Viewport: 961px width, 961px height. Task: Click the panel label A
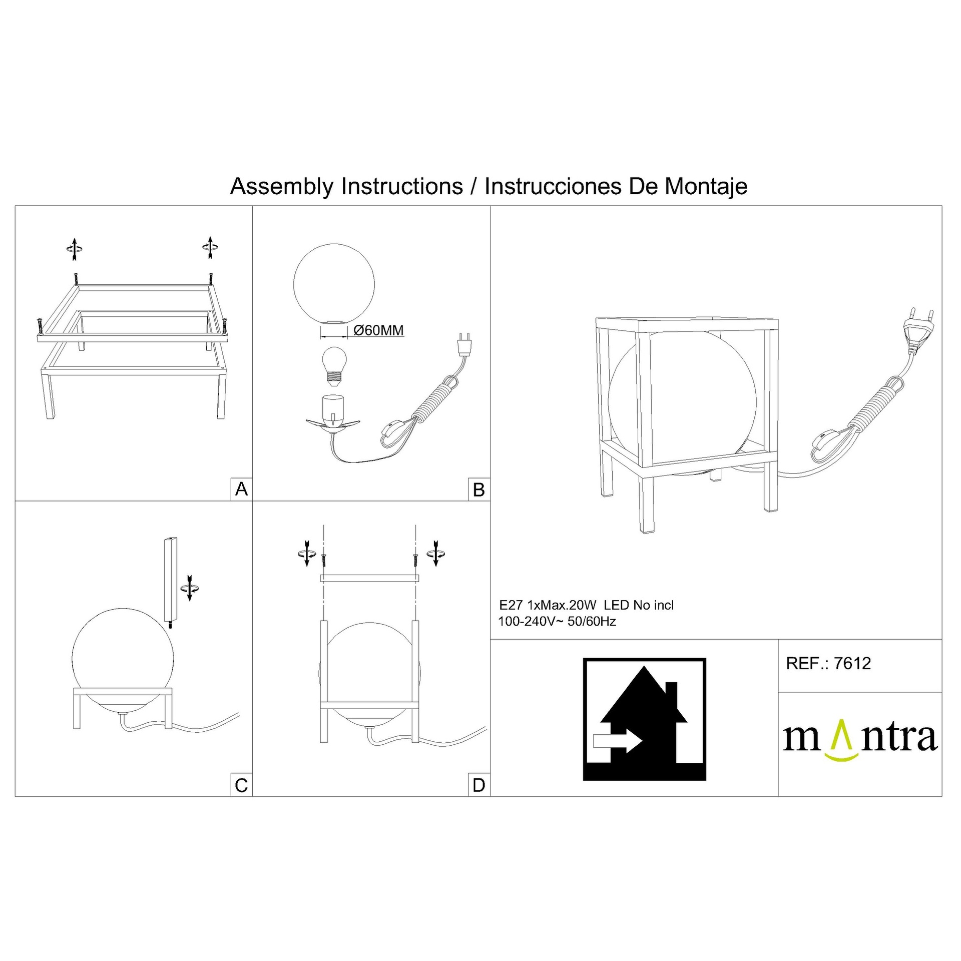pyautogui.click(x=241, y=489)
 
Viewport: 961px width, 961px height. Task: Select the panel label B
pyautogui.click(x=479, y=490)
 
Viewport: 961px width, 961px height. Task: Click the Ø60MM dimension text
pyautogui.click(x=378, y=330)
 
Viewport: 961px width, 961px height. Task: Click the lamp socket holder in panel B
pyautogui.click(x=332, y=415)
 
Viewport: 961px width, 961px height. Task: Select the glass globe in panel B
pyautogui.click(x=333, y=284)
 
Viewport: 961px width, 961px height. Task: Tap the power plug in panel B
pyautogui.click(x=465, y=343)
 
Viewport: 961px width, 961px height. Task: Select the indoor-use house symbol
pyautogui.click(x=644, y=719)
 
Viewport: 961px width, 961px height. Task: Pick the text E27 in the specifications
pyautogui.click(x=511, y=605)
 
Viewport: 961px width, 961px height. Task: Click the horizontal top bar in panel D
pyautogui.click(x=369, y=578)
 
